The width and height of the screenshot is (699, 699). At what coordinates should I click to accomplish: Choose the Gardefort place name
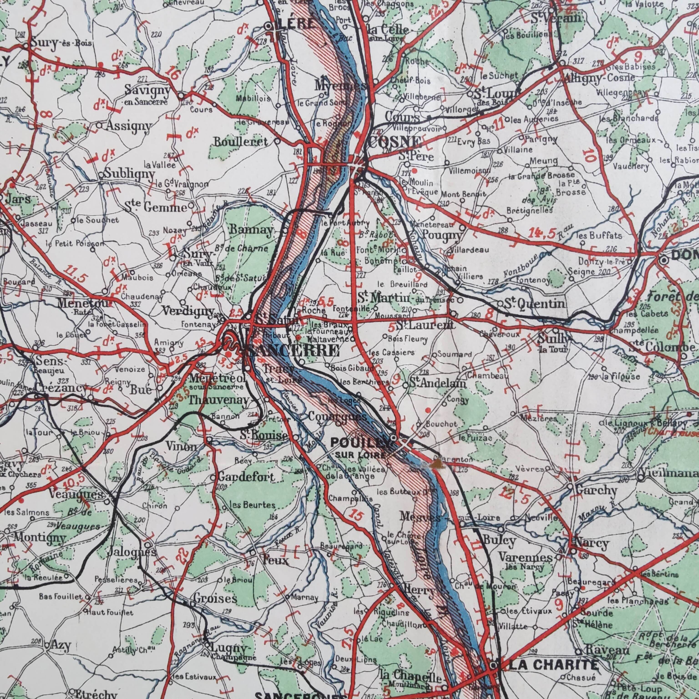coord(246,477)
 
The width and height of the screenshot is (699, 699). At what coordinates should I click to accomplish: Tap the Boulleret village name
coord(241,142)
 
